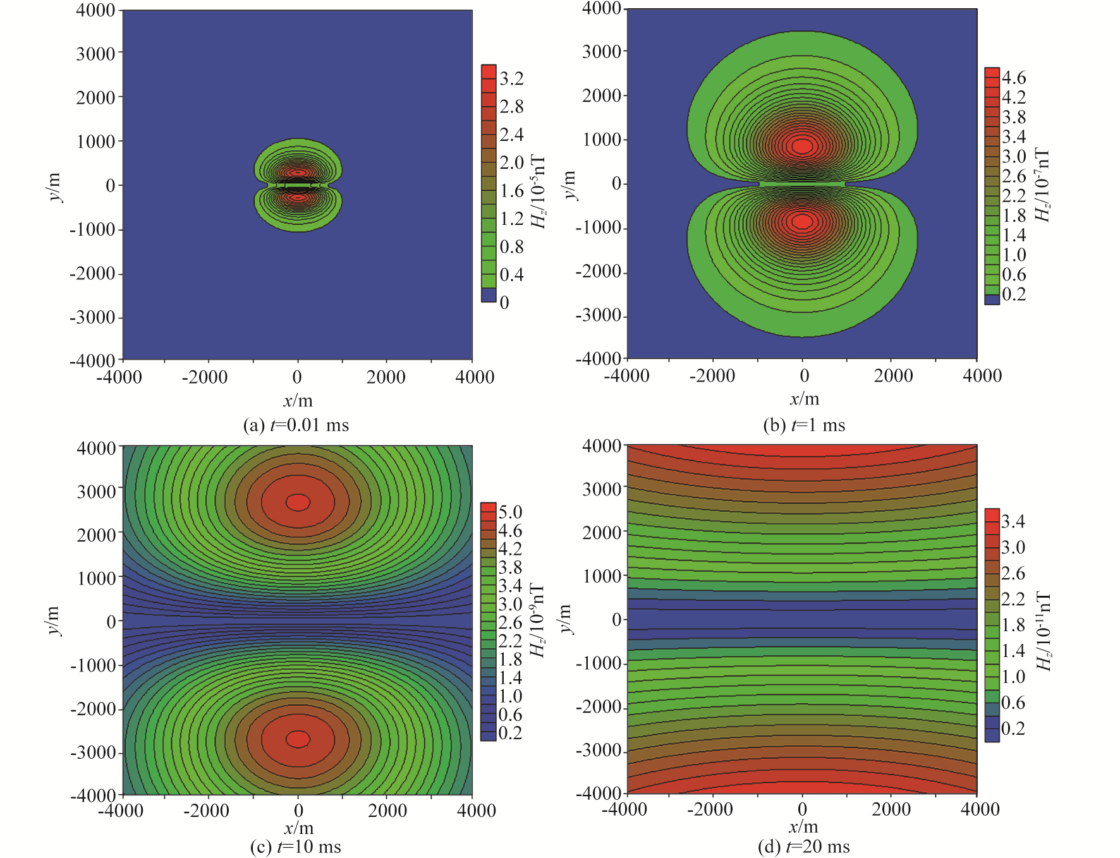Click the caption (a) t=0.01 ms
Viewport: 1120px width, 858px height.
click(296, 425)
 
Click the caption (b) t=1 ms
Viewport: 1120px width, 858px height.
click(804, 425)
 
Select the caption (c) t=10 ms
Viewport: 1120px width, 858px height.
click(296, 847)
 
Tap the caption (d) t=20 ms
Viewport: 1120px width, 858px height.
click(804, 847)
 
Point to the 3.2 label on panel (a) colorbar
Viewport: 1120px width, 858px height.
click(511, 78)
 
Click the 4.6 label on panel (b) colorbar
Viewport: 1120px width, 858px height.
click(1014, 77)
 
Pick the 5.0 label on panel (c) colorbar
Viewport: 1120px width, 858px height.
click(510, 512)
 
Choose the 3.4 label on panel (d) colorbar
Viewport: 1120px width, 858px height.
click(1013, 521)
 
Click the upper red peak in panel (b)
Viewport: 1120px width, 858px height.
click(802, 146)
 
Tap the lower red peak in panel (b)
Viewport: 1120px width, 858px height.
click(802, 221)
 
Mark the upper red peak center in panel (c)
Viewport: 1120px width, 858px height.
click(298, 502)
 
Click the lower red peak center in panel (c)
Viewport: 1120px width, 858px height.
click(298, 739)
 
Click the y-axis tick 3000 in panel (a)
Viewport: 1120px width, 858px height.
click(95, 54)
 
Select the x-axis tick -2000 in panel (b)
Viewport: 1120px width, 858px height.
click(712, 376)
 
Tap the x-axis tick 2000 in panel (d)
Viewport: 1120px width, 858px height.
click(891, 809)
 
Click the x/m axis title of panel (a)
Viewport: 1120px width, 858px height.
click(298, 401)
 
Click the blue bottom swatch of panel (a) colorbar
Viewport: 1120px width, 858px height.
click(488, 295)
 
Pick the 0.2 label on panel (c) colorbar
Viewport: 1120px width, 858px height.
click(510, 733)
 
